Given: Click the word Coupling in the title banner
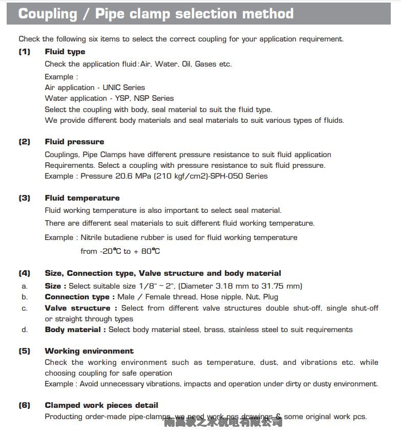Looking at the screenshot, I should pyautogui.click(x=47, y=13).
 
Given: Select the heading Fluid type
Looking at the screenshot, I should pyautogui.click(x=65, y=52).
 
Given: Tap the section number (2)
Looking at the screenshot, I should pyautogui.click(x=25, y=142).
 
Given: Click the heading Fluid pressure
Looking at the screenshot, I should pyautogui.click(x=74, y=142).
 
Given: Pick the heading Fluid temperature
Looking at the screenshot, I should pyautogui.click(x=82, y=198).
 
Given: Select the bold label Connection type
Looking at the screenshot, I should pyautogui.click(x=77, y=297).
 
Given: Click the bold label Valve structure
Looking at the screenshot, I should pyautogui.click(x=77, y=308).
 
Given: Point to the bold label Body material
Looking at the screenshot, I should pyautogui.click(x=73, y=330).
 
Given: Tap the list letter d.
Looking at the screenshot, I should pyautogui.click(x=25, y=330).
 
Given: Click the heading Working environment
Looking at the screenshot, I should pyautogui.click(x=89, y=351).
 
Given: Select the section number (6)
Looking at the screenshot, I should pyautogui.click(x=25, y=405).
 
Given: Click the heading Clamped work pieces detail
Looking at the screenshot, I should pyautogui.click(x=101, y=405).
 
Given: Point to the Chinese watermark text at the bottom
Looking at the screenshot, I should pyautogui.click(x=223, y=422).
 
